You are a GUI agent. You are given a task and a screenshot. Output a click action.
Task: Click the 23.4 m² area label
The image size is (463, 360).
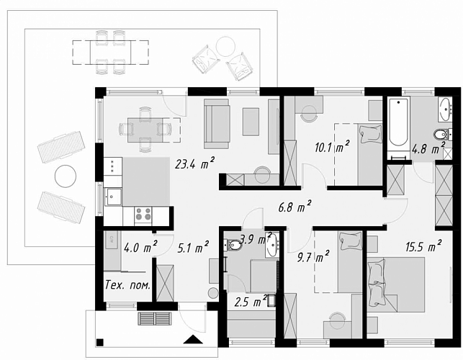point(194,163)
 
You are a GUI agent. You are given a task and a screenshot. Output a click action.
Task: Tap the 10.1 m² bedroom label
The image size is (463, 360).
point(332,146)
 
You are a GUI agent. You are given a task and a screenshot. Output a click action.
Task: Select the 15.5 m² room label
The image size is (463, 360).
point(423,246)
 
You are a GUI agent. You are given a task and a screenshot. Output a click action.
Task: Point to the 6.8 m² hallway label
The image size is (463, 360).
point(295,207)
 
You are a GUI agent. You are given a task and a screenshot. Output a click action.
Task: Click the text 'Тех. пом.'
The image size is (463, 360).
point(128,285)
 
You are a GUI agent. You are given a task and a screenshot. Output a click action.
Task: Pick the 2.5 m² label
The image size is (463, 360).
point(251,302)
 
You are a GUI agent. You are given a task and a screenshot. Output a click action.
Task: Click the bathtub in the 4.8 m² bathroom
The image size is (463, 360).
point(398,122)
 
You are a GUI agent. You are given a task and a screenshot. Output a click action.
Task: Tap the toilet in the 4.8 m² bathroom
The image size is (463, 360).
point(443,135)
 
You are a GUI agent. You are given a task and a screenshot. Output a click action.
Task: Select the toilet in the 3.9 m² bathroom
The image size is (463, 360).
point(233,245)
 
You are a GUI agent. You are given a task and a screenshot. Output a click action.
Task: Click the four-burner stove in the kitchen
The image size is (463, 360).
point(143,215)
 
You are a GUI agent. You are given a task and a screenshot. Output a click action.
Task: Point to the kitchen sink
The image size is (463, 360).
point(112,197)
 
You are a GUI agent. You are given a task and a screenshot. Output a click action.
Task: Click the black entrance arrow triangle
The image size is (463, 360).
point(193,339)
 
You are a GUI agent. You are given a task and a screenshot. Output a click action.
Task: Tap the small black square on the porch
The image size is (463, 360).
point(99,342)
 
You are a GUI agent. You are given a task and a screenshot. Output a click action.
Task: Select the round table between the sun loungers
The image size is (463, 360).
point(66,176)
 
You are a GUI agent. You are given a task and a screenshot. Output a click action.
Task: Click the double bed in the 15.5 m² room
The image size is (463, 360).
point(396,284)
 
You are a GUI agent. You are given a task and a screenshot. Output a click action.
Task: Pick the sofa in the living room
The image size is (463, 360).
point(217,124)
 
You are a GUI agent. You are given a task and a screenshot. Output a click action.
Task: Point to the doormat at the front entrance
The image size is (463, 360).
point(155,318)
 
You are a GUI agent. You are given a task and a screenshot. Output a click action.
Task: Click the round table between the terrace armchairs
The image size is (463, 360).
point(225,46)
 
